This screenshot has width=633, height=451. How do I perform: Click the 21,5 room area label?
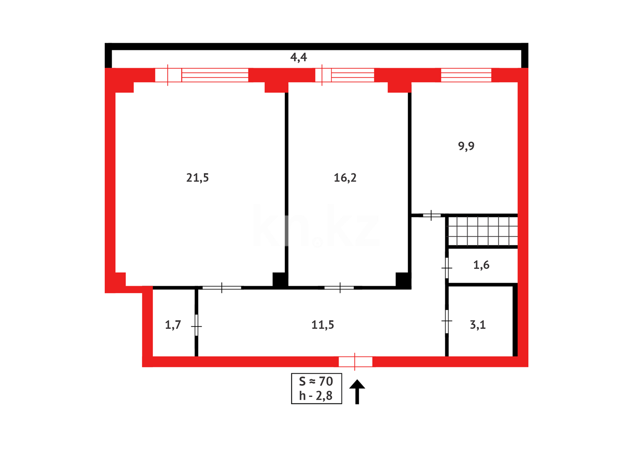[x=197, y=178]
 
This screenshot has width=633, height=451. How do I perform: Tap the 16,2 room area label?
[x=345, y=178]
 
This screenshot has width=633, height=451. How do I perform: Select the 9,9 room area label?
[x=466, y=146]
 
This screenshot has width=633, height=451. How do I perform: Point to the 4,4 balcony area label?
[x=299, y=57]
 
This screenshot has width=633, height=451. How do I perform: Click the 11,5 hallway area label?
[x=323, y=325]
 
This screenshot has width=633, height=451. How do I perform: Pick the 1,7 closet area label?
[x=173, y=325]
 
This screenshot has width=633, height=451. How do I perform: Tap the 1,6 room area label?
[x=481, y=265]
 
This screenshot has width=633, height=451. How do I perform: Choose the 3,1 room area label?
[x=478, y=325]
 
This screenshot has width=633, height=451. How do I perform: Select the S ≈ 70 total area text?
[x=316, y=381]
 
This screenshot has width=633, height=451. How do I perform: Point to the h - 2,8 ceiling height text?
[x=316, y=396]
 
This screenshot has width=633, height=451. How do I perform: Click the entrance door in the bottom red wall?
[x=355, y=362]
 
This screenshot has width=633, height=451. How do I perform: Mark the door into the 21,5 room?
[x=222, y=288]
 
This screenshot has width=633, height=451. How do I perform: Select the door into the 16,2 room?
[x=339, y=288]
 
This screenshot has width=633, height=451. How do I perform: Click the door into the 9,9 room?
[x=431, y=215]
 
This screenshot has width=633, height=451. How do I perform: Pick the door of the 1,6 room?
[x=447, y=268]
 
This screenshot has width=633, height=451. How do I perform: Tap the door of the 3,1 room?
[x=447, y=321]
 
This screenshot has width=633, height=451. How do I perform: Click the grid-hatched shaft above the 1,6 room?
[x=483, y=231]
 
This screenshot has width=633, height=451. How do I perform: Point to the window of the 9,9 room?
[x=466, y=75]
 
